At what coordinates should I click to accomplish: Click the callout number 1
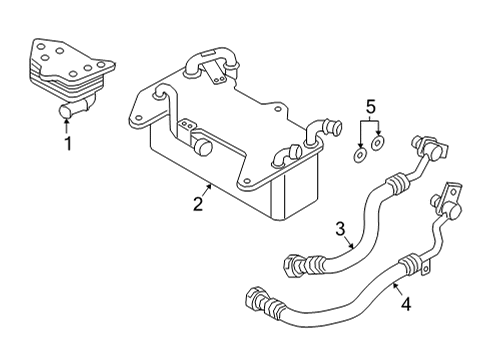(x=68, y=143)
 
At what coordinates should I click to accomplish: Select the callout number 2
(x=198, y=204)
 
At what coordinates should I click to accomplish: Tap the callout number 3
(x=340, y=229)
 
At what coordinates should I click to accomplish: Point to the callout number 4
(x=406, y=304)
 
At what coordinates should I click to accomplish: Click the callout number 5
(x=371, y=107)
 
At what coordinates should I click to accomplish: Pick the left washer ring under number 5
(x=360, y=156)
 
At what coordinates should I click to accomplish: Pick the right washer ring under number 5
(x=377, y=143)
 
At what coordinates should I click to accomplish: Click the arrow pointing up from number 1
(x=67, y=126)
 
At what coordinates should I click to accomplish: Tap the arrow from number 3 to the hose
(x=349, y=242)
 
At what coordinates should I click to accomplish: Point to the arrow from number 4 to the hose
(x=397, y=289)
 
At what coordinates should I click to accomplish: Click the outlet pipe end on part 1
(x=65, y=111)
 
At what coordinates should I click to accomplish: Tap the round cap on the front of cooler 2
(x=202, y=147)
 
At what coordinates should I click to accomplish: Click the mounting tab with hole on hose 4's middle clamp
(x=427, y=268)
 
